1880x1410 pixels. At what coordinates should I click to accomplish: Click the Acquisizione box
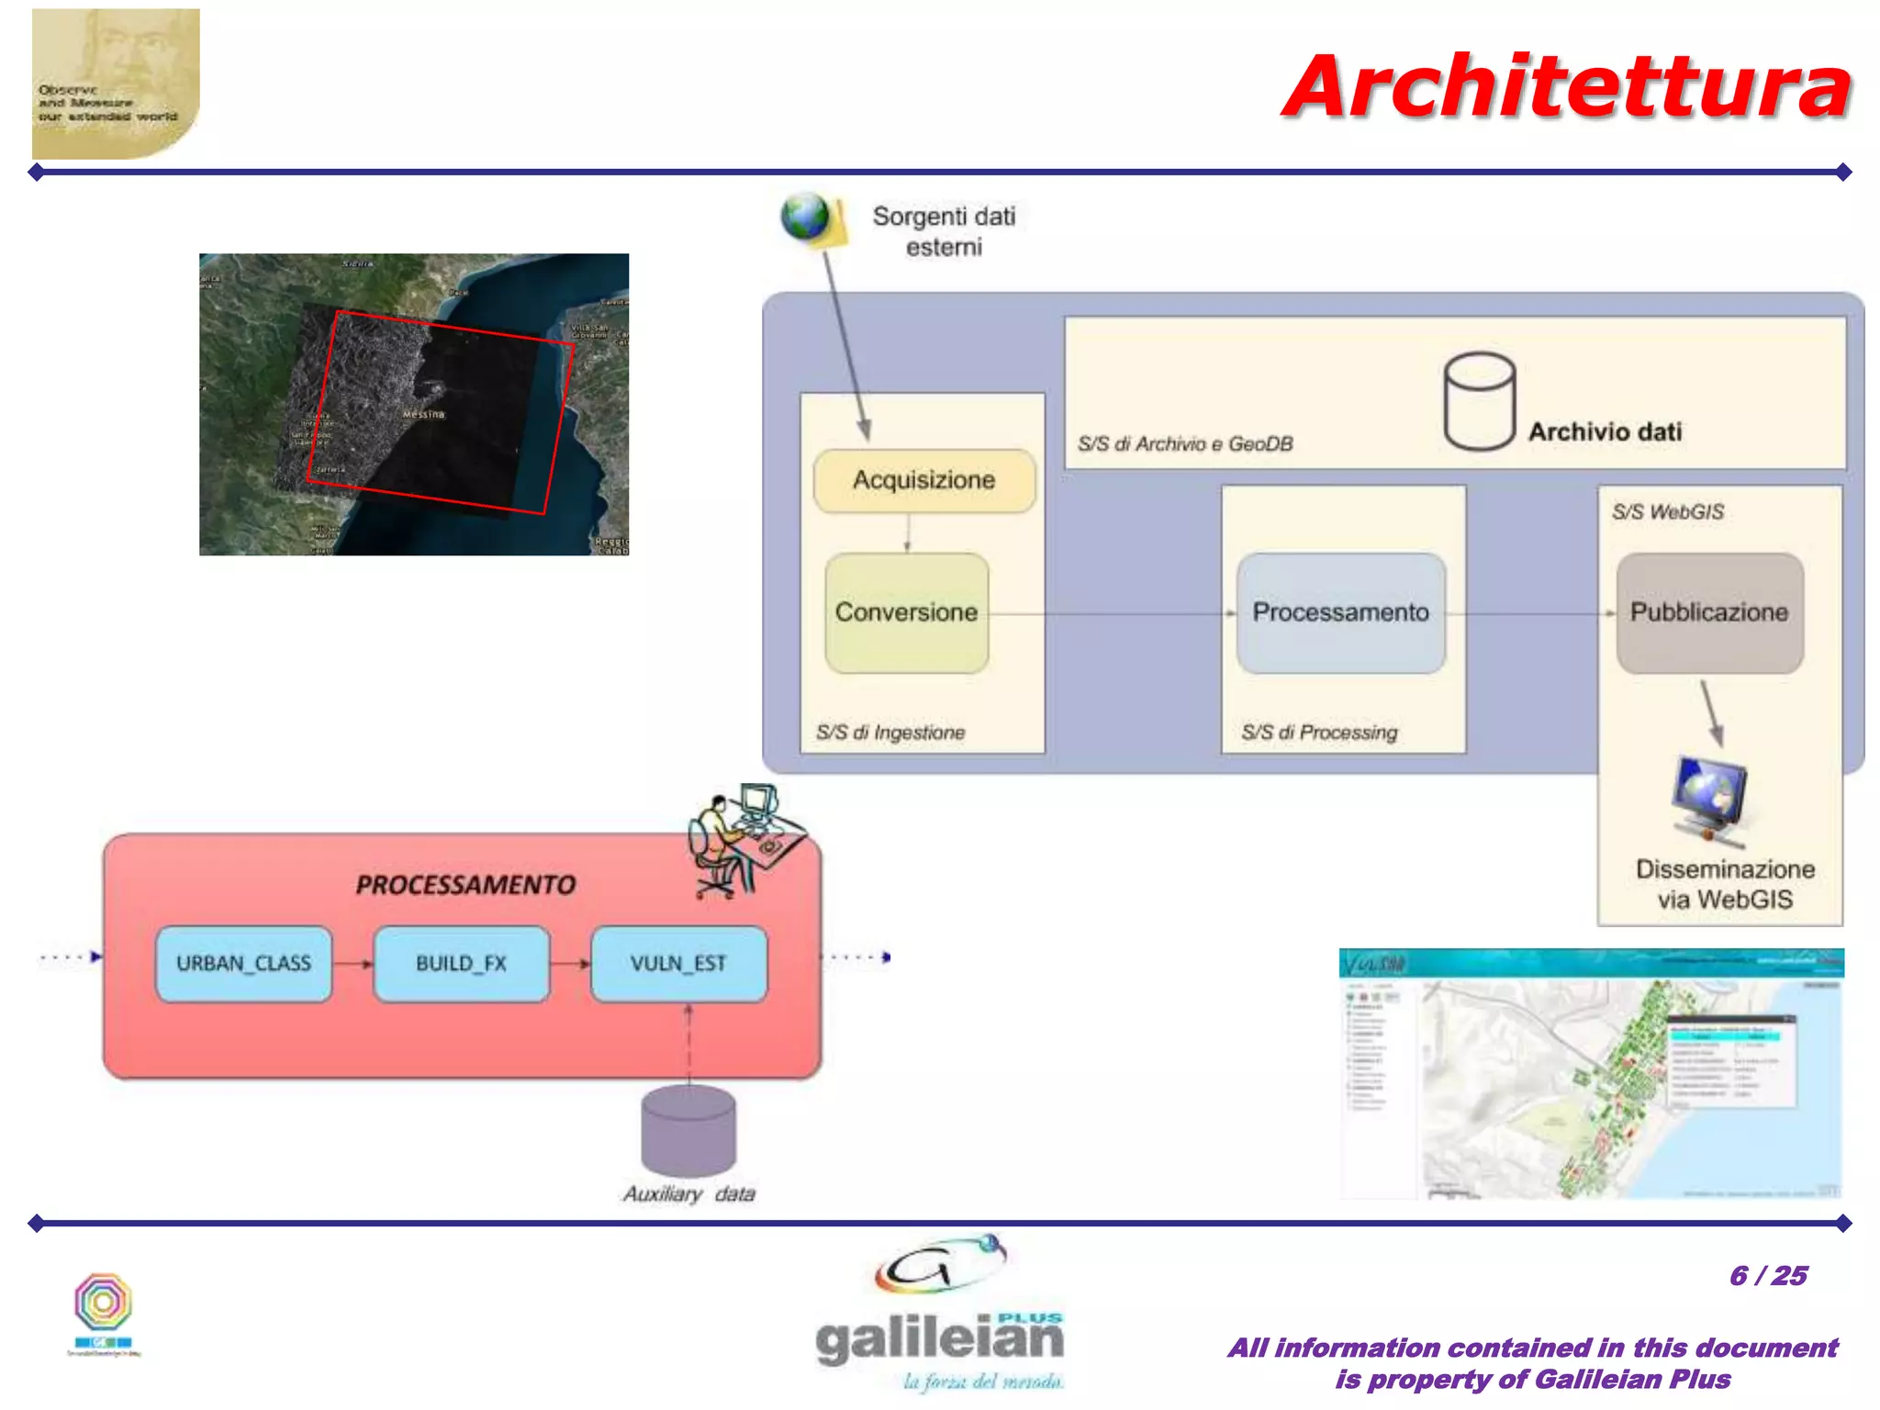coord(923,480)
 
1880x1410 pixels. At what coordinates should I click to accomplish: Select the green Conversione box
coord(906,612)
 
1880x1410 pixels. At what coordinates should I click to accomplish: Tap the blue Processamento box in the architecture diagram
coord(1340,612)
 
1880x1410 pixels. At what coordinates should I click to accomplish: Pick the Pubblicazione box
coord(1709,612)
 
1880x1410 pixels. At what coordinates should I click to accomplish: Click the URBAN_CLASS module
coord(243,963)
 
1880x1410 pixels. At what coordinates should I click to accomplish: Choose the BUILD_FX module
coord(461,963)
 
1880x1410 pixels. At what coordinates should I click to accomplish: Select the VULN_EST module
coord(678,963)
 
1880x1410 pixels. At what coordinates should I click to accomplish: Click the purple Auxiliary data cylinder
coord(688,1130)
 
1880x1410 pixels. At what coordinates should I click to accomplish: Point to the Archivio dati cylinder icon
coord(1479,401)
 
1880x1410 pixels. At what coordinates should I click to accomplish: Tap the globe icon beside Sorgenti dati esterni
coord(805,218)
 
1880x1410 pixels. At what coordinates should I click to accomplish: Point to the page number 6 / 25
coord(1768,1276)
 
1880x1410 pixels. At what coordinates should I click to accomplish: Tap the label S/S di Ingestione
coord(890,733)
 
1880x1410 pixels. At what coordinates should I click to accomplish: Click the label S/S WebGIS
coord(1668,512)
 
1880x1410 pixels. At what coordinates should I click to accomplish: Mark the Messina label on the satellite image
coord(423,415)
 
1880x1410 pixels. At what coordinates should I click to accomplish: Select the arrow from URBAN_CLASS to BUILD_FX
coord(353,964)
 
